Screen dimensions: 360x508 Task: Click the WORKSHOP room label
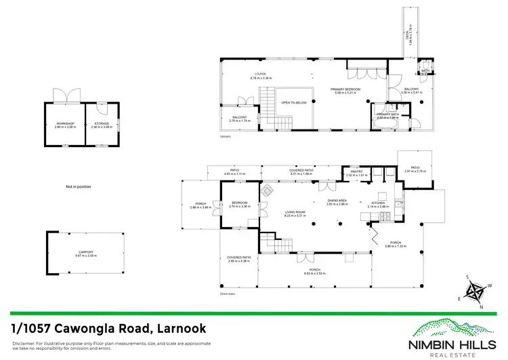[64, 123]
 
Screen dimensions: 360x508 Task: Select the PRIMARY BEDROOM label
[345, 89]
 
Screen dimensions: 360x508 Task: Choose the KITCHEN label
[377, 202]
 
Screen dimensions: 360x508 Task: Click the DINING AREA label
[337, 201]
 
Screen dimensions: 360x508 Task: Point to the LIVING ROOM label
[295, 212]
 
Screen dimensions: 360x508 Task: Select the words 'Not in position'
[78, 186]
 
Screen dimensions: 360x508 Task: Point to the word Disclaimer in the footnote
[24, 344]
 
